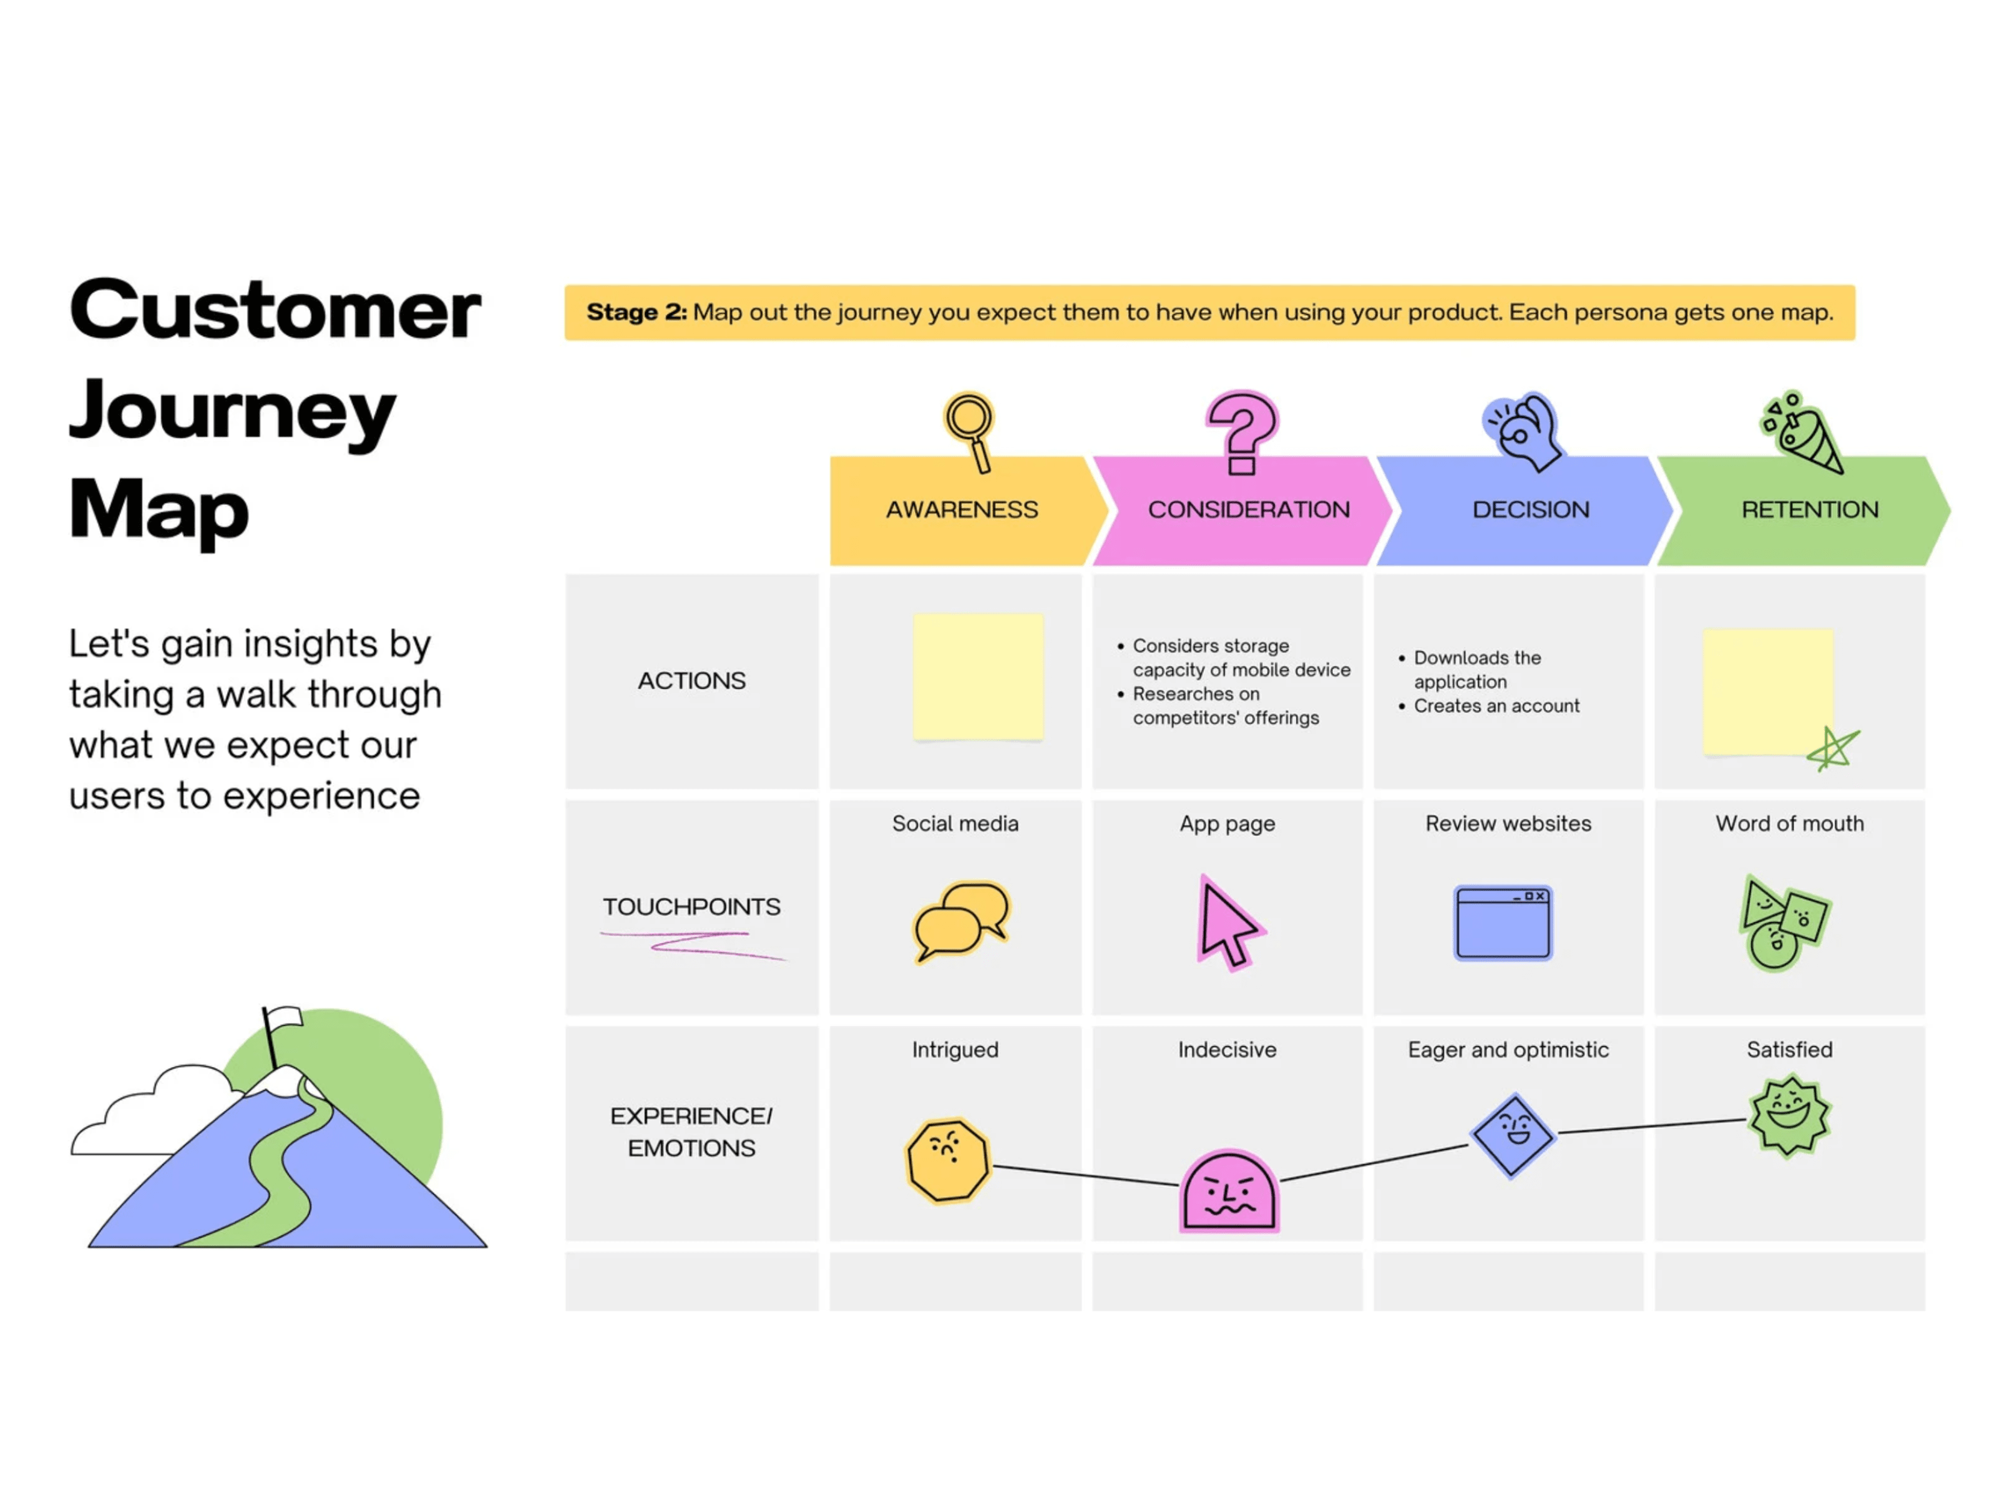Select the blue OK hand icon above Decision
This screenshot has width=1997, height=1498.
[1524, 431]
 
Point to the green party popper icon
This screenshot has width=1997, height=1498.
[1802, 432]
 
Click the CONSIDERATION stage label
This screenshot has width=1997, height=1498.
[1249, 510]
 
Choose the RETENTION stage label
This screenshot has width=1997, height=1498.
[1809, 510]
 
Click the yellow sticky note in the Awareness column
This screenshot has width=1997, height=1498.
[978, 677]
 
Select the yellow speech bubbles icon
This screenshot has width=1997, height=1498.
[960, 921]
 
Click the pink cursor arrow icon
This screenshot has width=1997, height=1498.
[1228, 923]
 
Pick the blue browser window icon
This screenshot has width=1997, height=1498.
[1502, 922]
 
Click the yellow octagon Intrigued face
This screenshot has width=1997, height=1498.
[947, 1160]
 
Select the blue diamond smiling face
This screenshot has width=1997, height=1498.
[1512, 1135]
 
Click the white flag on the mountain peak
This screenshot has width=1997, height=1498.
[285, 1019]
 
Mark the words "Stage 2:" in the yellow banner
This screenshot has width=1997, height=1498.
[637, 313]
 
